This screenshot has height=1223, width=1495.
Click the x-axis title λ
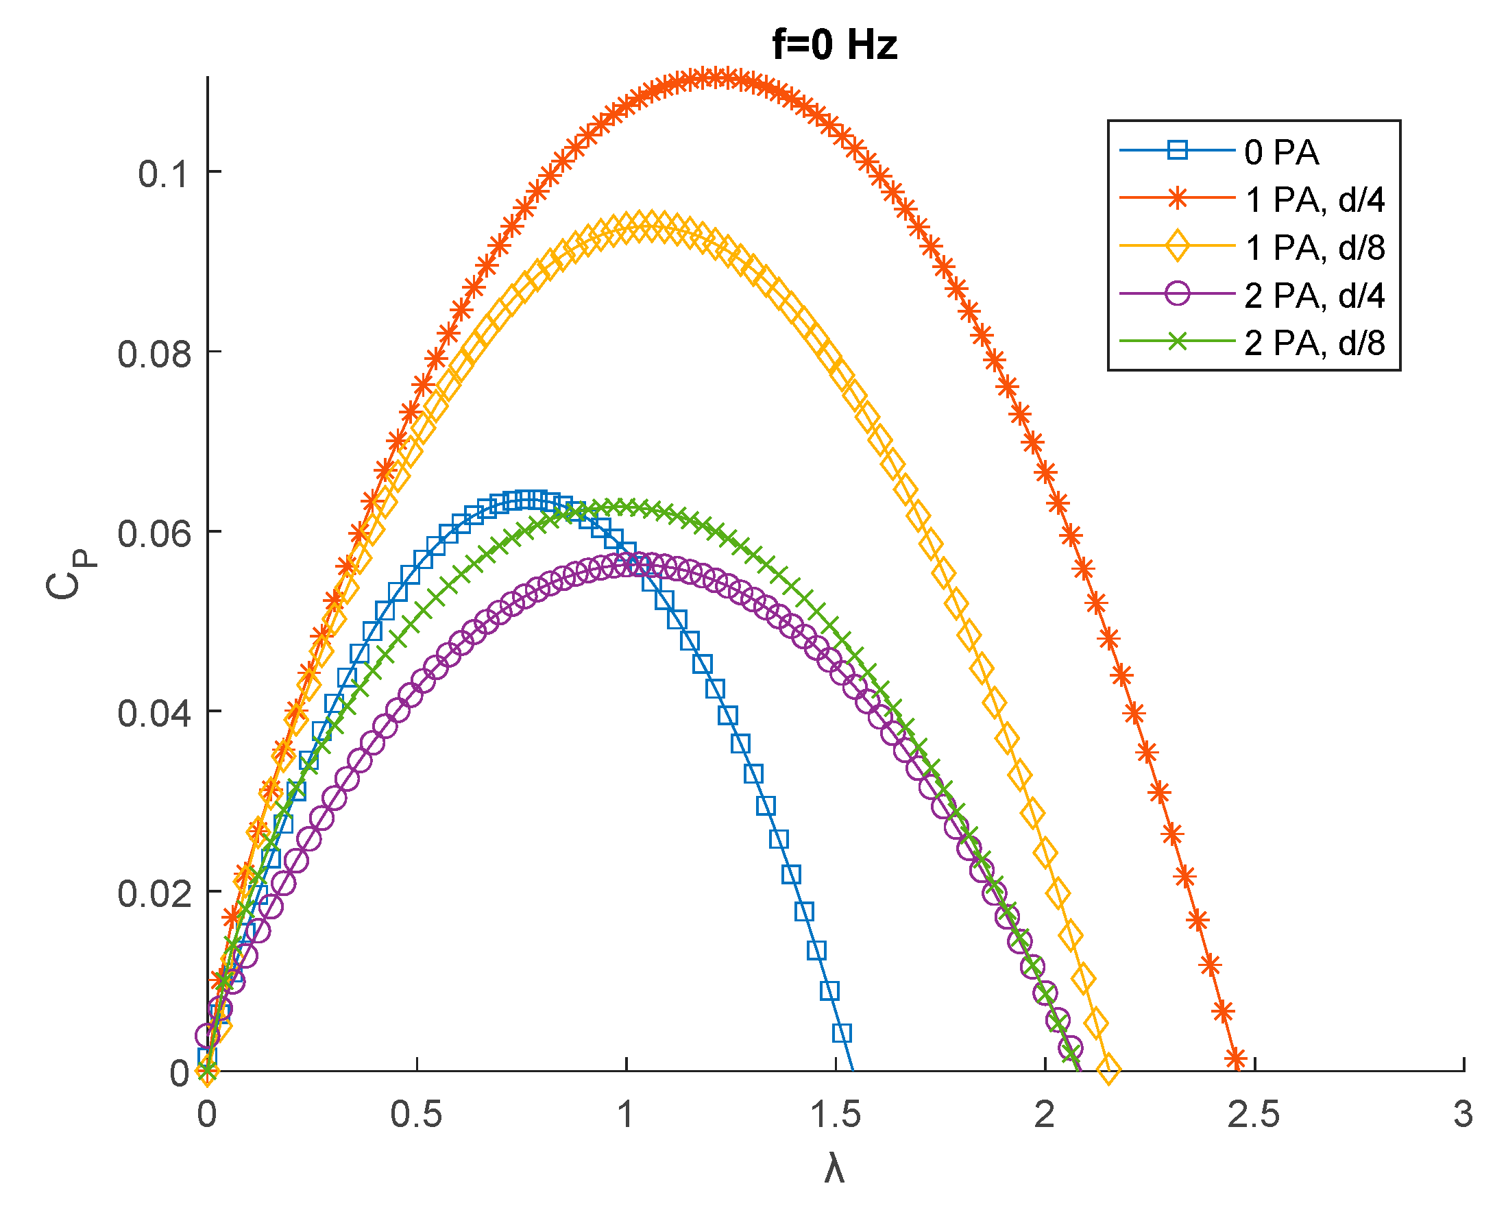tap(834, 1170)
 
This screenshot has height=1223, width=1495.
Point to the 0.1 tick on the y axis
tap(164, 173)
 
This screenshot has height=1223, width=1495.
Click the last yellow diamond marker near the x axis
tap(1109, 1069)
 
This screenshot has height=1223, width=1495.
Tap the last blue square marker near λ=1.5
tap(842, 1034)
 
